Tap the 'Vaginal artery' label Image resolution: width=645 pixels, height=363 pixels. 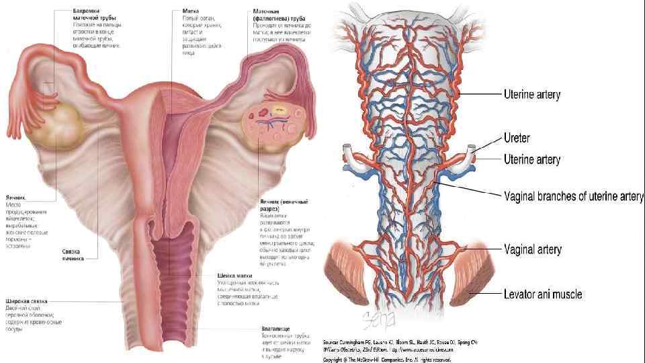tap(533, 249)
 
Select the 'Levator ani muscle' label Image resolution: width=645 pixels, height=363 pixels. tap(543, 294)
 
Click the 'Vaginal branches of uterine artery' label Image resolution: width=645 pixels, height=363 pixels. tap(574, 196)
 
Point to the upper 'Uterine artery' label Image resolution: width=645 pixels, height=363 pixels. tap(532, 95)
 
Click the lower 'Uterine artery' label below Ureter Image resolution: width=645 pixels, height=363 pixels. tap(532, 159)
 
